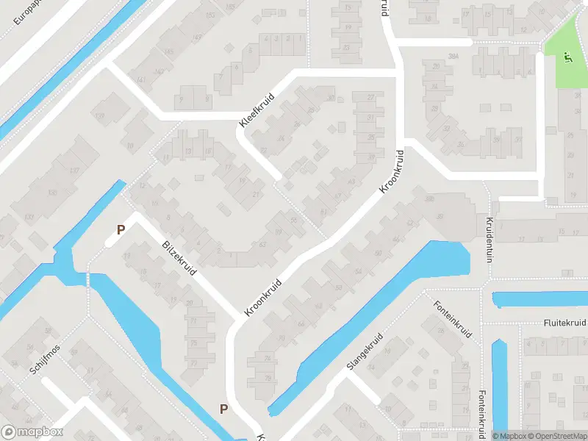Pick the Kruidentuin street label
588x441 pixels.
[487, 239]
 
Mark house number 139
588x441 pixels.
[101, 116]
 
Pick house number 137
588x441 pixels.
[73, 171]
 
